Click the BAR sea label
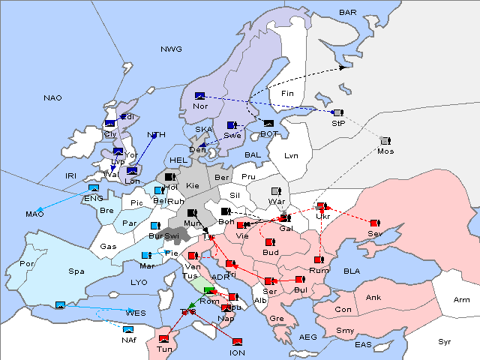[348, 13]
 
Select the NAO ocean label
[53, 97]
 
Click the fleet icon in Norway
[199, 96]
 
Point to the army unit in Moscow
[385, 141]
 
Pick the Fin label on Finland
[287, 94]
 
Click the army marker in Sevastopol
[374, 223]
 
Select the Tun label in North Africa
[164, 349]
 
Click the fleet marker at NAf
[129, 329]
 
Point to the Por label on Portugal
[27, 264]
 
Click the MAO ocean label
[34, 214]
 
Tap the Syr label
[445, 341]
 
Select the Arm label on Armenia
[462, 300]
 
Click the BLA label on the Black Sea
[352, 271]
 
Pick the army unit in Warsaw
[276, 192]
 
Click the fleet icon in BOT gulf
[269, 123]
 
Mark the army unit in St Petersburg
[337, 112]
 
